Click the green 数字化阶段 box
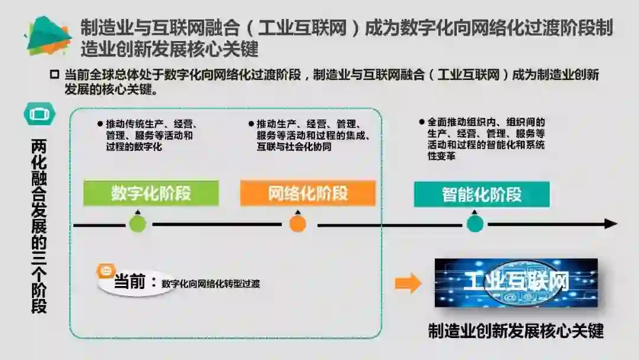[151, 193]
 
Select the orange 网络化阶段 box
[308, 193]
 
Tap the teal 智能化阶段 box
[482, 194]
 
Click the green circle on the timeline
[138, 224]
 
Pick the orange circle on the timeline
[298, 224]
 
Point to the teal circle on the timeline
[475, 224]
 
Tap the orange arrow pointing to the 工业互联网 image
[408, 283]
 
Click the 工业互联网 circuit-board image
[516, 283]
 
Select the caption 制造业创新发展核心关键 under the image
[516, 330]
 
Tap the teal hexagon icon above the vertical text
[40, 113]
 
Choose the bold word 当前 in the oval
[129, 282]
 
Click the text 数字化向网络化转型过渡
[211, 284]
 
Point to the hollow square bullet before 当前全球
[54, 75]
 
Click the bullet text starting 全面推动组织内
[485, 139]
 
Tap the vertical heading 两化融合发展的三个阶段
[39, 225]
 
